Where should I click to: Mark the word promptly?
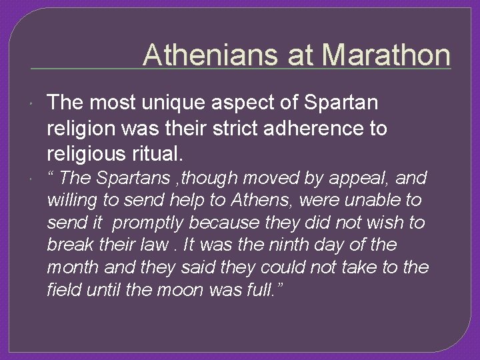click(x=149, y=223)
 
